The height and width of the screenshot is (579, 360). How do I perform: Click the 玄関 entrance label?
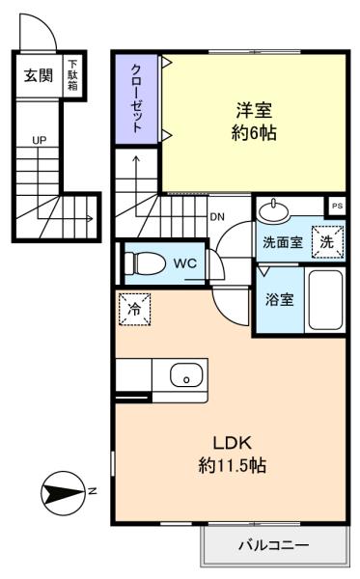coord(39,75)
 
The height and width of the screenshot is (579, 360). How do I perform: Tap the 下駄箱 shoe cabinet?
coord(72,76)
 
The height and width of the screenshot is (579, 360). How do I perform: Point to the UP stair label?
coord(40,140)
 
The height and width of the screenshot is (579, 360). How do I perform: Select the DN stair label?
coord(217,217)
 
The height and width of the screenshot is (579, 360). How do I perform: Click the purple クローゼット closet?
coord(137,99)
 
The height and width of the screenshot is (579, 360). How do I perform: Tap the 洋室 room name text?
coord(254,110)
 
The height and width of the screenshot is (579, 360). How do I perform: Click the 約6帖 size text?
coord(254,132)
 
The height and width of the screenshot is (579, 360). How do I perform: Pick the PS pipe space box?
coord(337,207)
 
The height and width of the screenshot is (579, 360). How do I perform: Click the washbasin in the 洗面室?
coord(273,211)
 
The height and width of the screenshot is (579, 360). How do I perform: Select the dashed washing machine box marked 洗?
coord(327,242)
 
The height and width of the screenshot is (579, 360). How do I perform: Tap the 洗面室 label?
coord(283,242)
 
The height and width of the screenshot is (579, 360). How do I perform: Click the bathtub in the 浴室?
coord(325,300)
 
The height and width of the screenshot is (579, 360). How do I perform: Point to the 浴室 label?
coord(280,299)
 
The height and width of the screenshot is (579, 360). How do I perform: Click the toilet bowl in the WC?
coord(145,263)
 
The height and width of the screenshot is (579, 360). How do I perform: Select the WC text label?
coord(185,263)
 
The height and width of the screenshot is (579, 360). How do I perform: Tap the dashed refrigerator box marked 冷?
coord(135,309)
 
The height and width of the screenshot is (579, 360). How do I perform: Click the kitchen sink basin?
coord(186,375)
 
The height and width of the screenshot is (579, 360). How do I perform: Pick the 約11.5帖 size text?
coord(233,465)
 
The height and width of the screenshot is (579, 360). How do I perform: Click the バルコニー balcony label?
coord(274,545)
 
